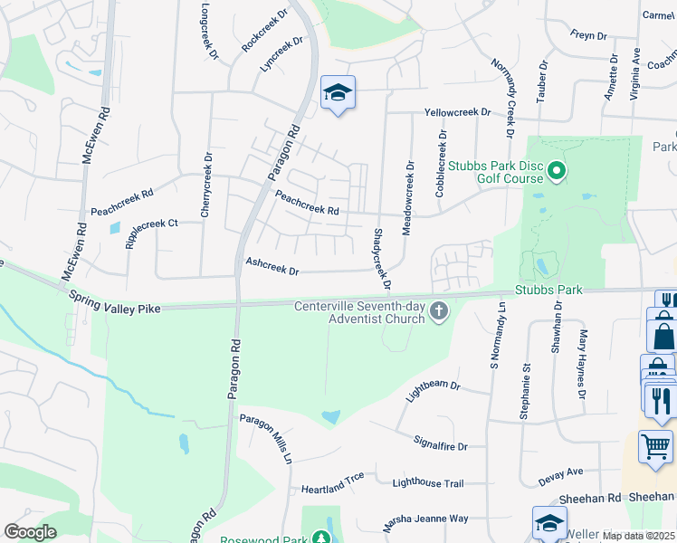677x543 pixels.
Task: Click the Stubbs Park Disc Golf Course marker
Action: (557, 170)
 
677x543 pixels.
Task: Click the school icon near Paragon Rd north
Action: (338, 93)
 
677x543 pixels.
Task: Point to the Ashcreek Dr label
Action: (272, 265)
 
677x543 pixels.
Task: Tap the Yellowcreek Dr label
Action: (458, 112)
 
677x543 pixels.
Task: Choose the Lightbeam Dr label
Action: (434, 388)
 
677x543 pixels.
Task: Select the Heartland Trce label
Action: (332, 476)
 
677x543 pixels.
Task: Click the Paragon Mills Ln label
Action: (266, 438)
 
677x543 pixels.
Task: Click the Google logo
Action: (30, 532)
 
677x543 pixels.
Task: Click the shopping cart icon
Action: (655, 445)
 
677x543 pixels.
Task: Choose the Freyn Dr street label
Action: (588, 35)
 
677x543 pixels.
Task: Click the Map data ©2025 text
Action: (638, 536)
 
